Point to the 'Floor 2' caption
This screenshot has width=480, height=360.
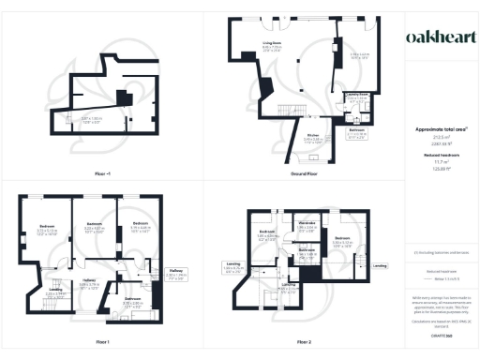coord(303,342)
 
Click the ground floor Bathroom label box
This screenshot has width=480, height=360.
coord(356,132)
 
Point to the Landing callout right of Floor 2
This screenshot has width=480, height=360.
coord(379,266)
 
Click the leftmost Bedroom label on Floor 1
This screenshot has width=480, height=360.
coord(46,228)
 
